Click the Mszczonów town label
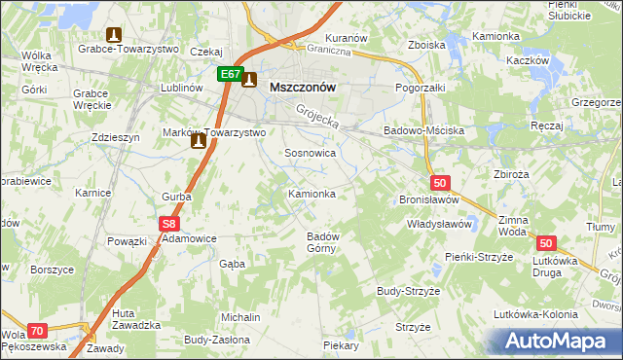tap(302, 87)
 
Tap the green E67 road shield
tap(230, 74)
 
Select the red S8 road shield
tap(166, 223)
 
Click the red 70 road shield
tap(37, 331)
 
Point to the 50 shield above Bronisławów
tap(440, 182)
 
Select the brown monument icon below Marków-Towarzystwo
tap(199, 142)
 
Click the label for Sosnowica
tap(311, 154)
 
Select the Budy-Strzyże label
tap(409, 291)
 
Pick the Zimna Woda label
tap(512, 227)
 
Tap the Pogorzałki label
tap(420, 88)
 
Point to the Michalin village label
tap(240, 318)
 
